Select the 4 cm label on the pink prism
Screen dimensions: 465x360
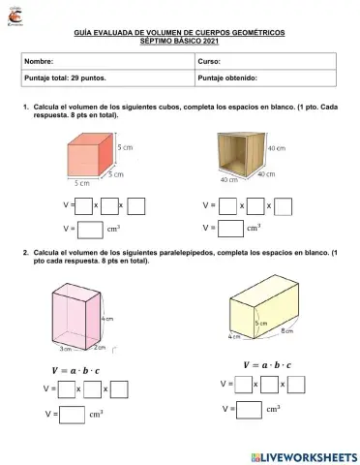pyautogui.click(x=108, y=318)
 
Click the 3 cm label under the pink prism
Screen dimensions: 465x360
pyautogui.click(x=66, y=348)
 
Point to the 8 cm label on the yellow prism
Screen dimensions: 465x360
pyautogui.click(x=286, y=331)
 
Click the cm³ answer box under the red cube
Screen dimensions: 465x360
pyautogui.click(x=89, y=230)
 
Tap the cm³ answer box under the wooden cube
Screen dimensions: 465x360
pyautogui.click(x=230, y=230)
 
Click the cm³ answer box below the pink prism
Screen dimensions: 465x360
pyautogui.click(x=71, y=414)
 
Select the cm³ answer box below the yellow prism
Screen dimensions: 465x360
pyautogui.click(x=249, y=409)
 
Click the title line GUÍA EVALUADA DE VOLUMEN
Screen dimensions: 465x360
pyautogui.click(x=179, y=33)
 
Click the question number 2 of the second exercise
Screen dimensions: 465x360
pyautogui.click(x=25, y=251)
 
